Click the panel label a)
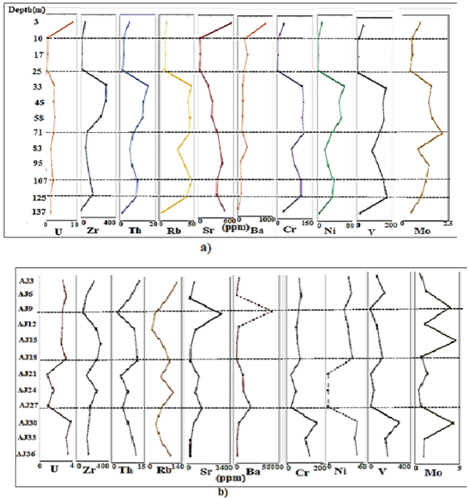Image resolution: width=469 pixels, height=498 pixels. [x=206, y=248]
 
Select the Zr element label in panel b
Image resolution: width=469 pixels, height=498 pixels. [x=88, y=471]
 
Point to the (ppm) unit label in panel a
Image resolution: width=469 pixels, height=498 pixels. [x=225, y=229]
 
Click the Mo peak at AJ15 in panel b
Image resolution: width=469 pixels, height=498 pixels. [x=455, y=342]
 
